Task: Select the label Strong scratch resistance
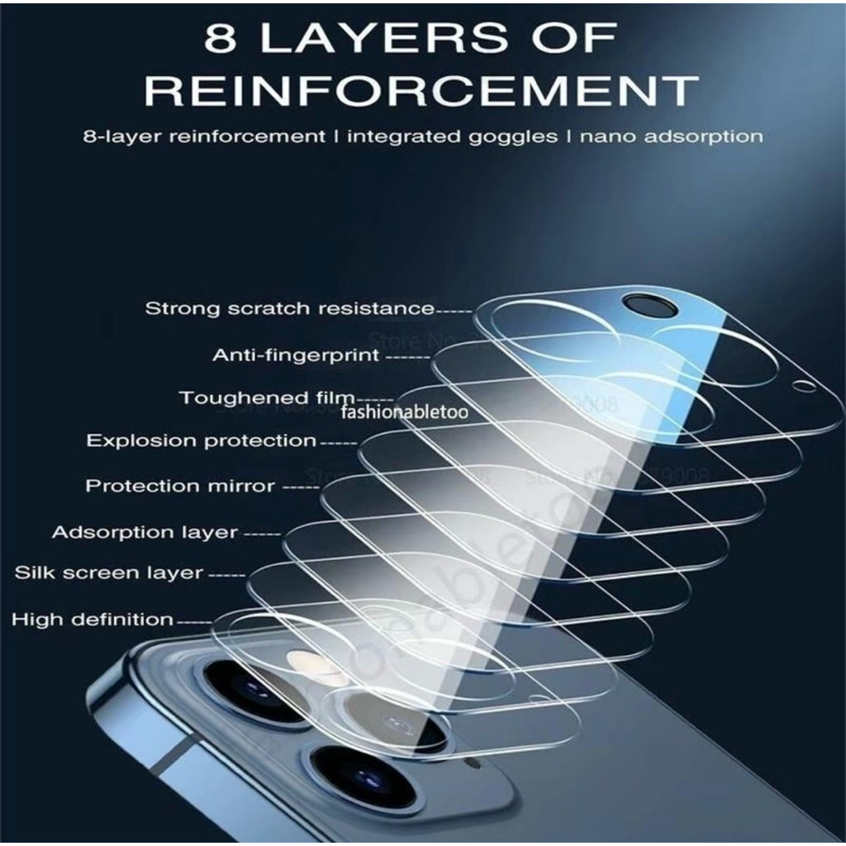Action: (289, 309)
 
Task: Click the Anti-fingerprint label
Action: (296, 355)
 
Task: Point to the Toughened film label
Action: (267, 399)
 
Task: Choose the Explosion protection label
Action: (201, 440)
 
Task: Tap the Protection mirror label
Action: (180, 486)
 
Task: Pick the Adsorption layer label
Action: (145, 532)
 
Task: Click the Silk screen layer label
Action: (108, 573)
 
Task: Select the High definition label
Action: (93, 618)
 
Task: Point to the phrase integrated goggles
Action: (452, 136)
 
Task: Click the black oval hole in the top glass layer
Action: (641, 304)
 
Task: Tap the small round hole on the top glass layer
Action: (797, 384)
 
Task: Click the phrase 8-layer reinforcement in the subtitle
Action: (204, 136)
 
